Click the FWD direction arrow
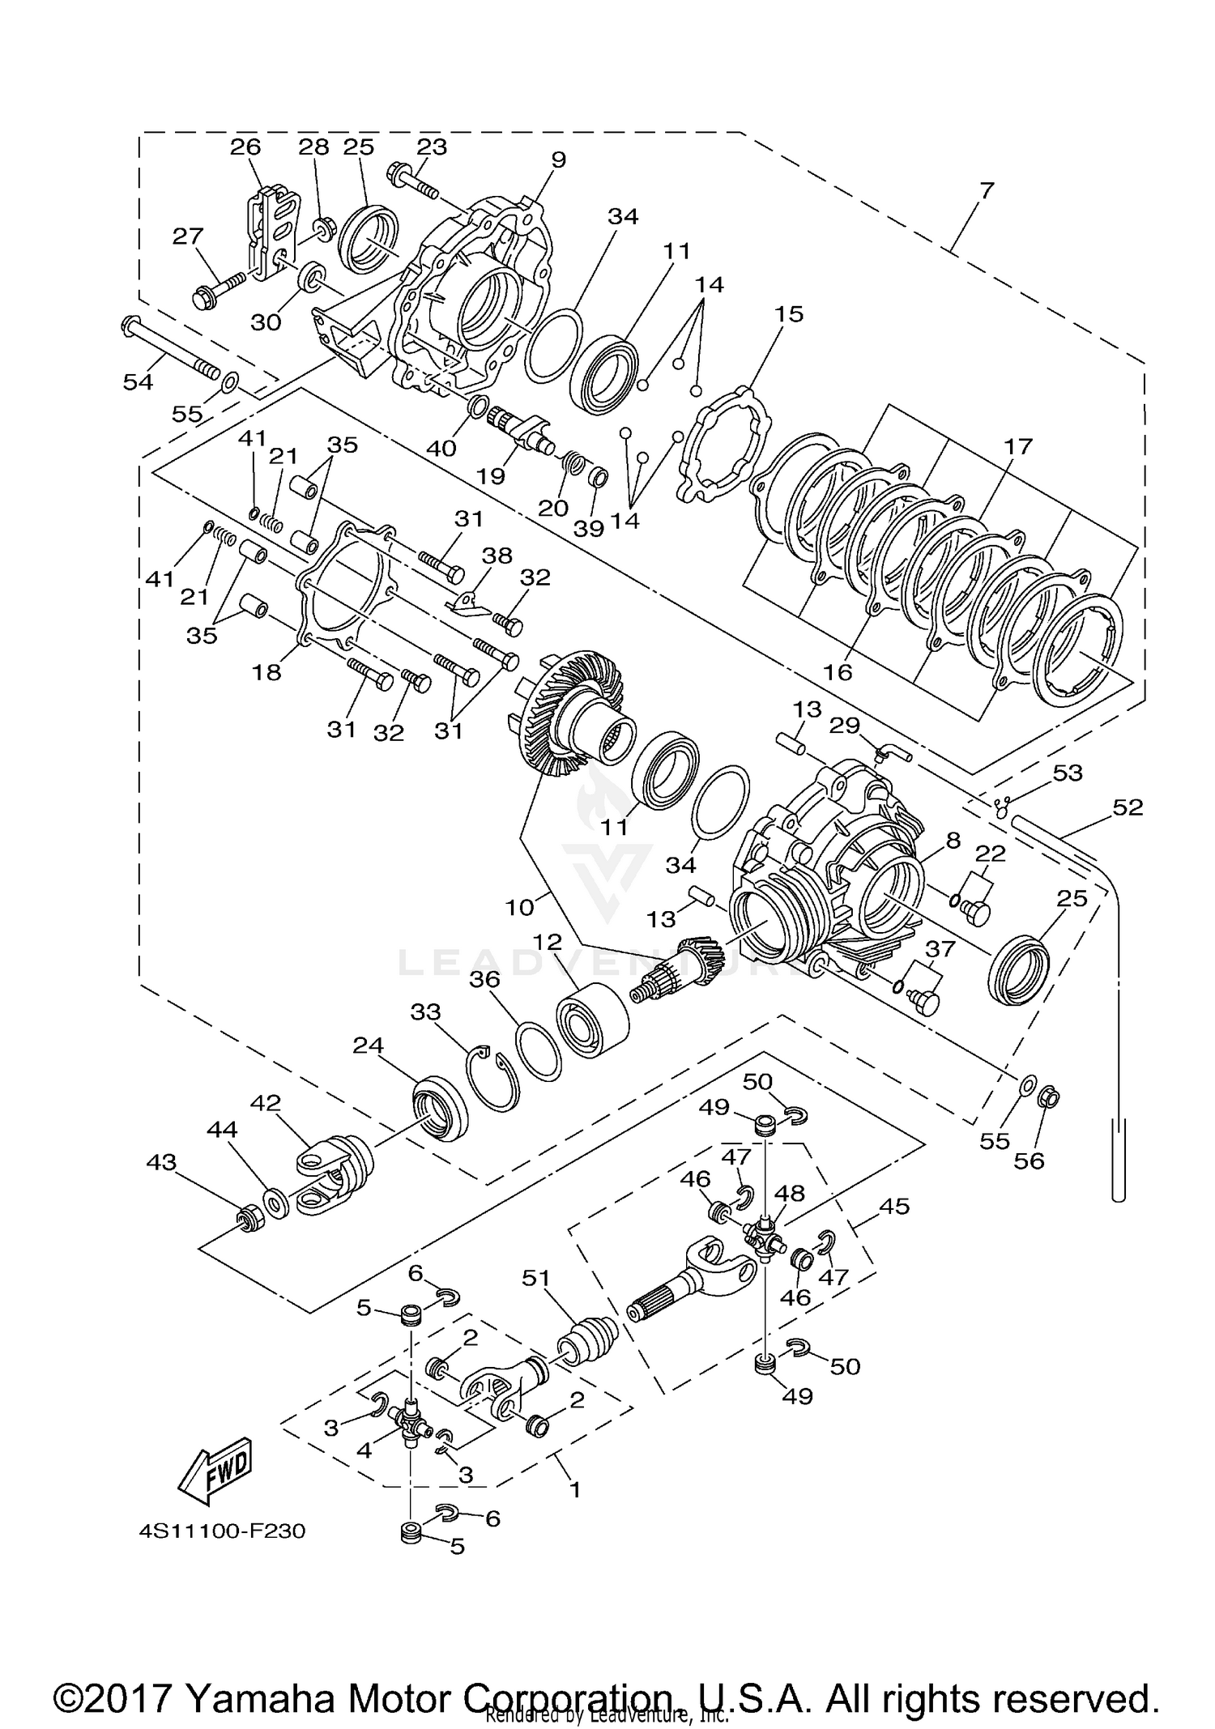[x=215, y=1469]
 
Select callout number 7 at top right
[x=986, y=192]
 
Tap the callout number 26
[x=245, y=147]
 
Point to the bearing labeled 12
[x=593, y=1020]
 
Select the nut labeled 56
[x=1049, y=1099]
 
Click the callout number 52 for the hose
[x=1128, y=807]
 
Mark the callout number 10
[x=521, y=907]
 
